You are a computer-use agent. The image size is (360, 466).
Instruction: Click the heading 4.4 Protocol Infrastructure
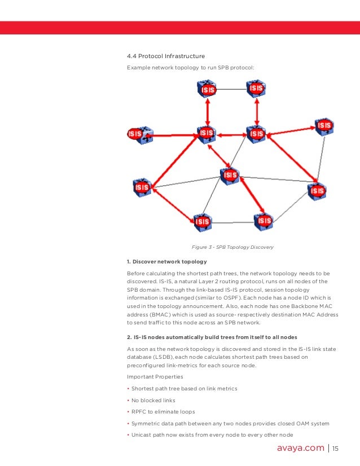click(166, 56)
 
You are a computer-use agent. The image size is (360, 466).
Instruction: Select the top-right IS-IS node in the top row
click(256, 89)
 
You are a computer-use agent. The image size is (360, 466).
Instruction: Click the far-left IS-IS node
click(137, 134)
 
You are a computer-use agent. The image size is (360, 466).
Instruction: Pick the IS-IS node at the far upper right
click(324, 126)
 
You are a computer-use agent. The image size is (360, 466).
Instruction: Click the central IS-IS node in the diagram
click(230, 175)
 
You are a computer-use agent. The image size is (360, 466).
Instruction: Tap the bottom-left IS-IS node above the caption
click(202, 221)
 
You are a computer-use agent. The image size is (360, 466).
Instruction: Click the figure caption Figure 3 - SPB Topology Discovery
click(232, 247)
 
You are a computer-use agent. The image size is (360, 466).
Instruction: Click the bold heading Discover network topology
click(166, 262)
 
